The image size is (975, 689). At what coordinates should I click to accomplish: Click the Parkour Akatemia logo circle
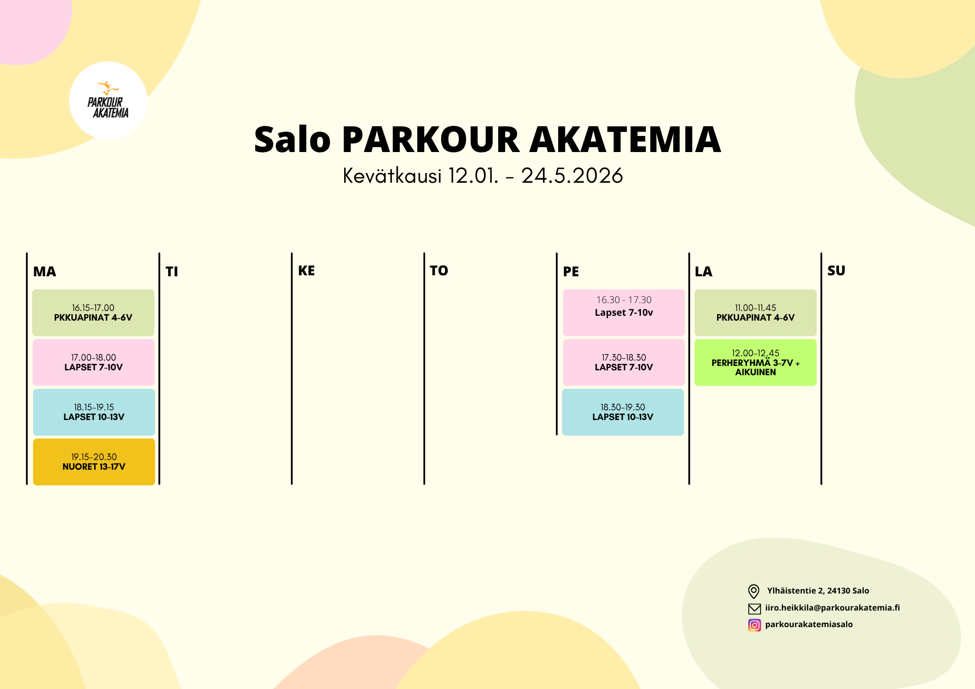tap(108, 100)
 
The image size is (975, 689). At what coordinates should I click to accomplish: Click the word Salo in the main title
tap(292, 140)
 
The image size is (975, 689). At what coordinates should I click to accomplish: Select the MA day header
tap(44, 271)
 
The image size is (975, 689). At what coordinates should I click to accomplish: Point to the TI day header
tap(172, 271)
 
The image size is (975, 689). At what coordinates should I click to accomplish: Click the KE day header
tap(306, 270)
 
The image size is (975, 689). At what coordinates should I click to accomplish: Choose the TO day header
tap(439, 270)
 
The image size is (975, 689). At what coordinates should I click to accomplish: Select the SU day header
tap(836, 270)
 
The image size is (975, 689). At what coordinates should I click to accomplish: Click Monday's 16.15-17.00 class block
tap(93, 312)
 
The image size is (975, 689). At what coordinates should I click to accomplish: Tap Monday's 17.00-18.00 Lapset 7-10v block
tap(94, 362)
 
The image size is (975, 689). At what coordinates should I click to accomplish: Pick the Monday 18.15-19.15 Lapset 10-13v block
tap(94, 412)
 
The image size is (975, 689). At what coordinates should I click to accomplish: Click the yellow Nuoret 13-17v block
tap(94, 461)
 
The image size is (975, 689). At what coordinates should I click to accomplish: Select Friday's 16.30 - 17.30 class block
tap(624, 312)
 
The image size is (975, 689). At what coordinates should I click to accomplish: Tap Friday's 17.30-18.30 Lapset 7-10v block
tap(624, 362)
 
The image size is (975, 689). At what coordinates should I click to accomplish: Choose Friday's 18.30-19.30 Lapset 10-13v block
tap(623, 412)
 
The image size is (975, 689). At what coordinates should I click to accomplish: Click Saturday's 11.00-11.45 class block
tap(756, 312)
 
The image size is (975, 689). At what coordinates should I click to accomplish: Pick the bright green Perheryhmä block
tap(756, 362)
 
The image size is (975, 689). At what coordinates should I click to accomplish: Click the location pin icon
tap(754, 591)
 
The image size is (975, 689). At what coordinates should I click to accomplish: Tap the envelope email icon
tap(754, 608)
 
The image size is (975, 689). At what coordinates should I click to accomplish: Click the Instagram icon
tap(754, 625)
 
